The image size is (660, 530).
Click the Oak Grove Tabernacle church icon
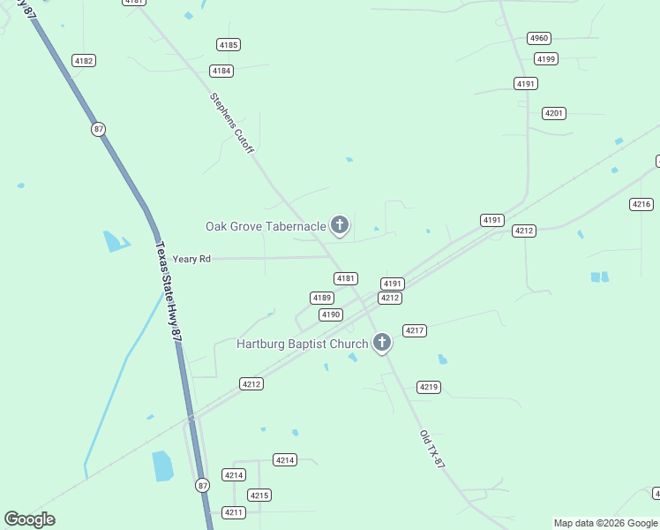coord(339,225)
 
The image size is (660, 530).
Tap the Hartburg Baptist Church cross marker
coord(381,342)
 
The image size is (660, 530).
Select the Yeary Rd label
coord(191,259)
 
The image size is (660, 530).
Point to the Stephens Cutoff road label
coord(231,124)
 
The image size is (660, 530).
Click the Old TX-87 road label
coord(432,449)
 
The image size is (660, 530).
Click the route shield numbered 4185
coord(229,45)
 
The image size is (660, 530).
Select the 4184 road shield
coord(221,71)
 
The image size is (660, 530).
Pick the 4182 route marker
coord(84,61)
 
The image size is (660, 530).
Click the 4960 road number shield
coord(539,38)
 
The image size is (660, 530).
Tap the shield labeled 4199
coord(546,59)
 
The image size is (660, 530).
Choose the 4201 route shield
coord(554,113)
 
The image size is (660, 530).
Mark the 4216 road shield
coord(641,204)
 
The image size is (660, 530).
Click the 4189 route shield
coord(321,298)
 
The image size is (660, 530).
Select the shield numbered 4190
coord(330,314)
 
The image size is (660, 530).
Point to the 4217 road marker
coord(415,330)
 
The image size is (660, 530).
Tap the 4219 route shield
coord(429,387)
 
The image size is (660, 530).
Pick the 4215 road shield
coord(259,495)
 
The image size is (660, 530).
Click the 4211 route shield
coord(234,512)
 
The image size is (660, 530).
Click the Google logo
coord(29,519)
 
